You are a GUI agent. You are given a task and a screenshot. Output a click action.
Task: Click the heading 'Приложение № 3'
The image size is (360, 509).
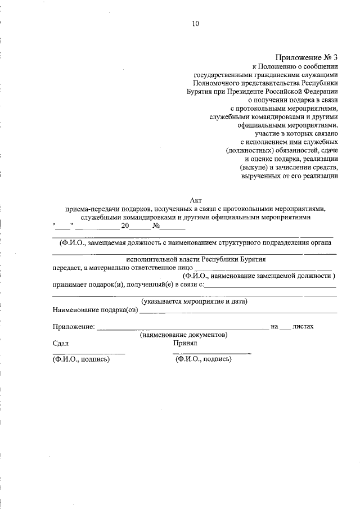(307, 58)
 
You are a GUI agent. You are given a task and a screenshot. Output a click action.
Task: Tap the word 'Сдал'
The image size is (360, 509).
(60, 343)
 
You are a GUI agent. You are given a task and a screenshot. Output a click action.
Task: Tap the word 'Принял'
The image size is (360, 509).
(185, 343)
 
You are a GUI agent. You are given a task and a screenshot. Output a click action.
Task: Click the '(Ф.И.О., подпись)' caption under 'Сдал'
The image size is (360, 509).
(80, 359)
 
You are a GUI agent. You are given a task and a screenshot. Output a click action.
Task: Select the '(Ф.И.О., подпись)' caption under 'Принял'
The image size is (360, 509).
(203, 359)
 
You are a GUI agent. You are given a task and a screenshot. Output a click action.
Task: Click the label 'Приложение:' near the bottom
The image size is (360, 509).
(73, 326)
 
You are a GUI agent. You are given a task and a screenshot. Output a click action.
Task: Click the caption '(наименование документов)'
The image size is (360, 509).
(183, 334)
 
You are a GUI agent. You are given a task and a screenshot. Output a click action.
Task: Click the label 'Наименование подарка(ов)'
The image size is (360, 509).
(95, 309)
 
